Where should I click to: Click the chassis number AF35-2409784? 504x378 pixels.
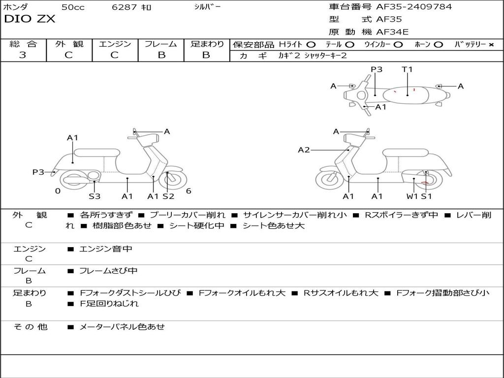pyautogui.click(x=414, y=7)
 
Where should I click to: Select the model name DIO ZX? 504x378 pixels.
pyautogui.click(x=30, y=19)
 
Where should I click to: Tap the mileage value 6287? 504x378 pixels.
pyautogui.click(x=125, y=7)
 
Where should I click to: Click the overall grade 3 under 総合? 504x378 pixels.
pyautogui.click(x=23, y=55)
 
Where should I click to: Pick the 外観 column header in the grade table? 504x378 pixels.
pyautogui.click(x=69, y=44)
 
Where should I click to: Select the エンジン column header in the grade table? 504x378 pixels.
pyautogui.click(x=115, y=44)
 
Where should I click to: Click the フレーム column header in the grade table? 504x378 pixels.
pyautogui.click(x=161, y=44)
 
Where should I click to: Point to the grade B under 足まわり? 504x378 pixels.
pyautogui.click(x=206, y=55)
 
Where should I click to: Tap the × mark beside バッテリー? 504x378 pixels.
pyautogui.click(x=491, y=45)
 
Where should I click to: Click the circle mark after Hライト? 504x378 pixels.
pyautogui.click(x=311, y=45)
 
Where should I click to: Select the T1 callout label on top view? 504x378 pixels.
pyautogui.click(x=407, y=69)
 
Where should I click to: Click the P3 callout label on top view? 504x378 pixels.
pyautogui.click(x=377, y=69)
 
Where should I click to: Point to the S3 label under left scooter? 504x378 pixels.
pyautogui.click(x=94, y=196)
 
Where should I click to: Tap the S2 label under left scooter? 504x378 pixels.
pyautogui.click(x=168, y=196)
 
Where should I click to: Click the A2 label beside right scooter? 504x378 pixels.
pyautogui.click(x=304, y=150)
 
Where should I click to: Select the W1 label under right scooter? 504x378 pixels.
pyautogui.click(x=412, y=196)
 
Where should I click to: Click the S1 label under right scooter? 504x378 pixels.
pyautogui.click(x=426, y=196)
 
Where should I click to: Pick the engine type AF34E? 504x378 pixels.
pyautogui.click(x=392, y=32)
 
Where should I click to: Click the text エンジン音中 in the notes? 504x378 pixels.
pyautogui.click(x=106, y=249)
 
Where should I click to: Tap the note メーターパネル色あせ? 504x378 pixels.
pyautogui.click(x=122, y=326)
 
